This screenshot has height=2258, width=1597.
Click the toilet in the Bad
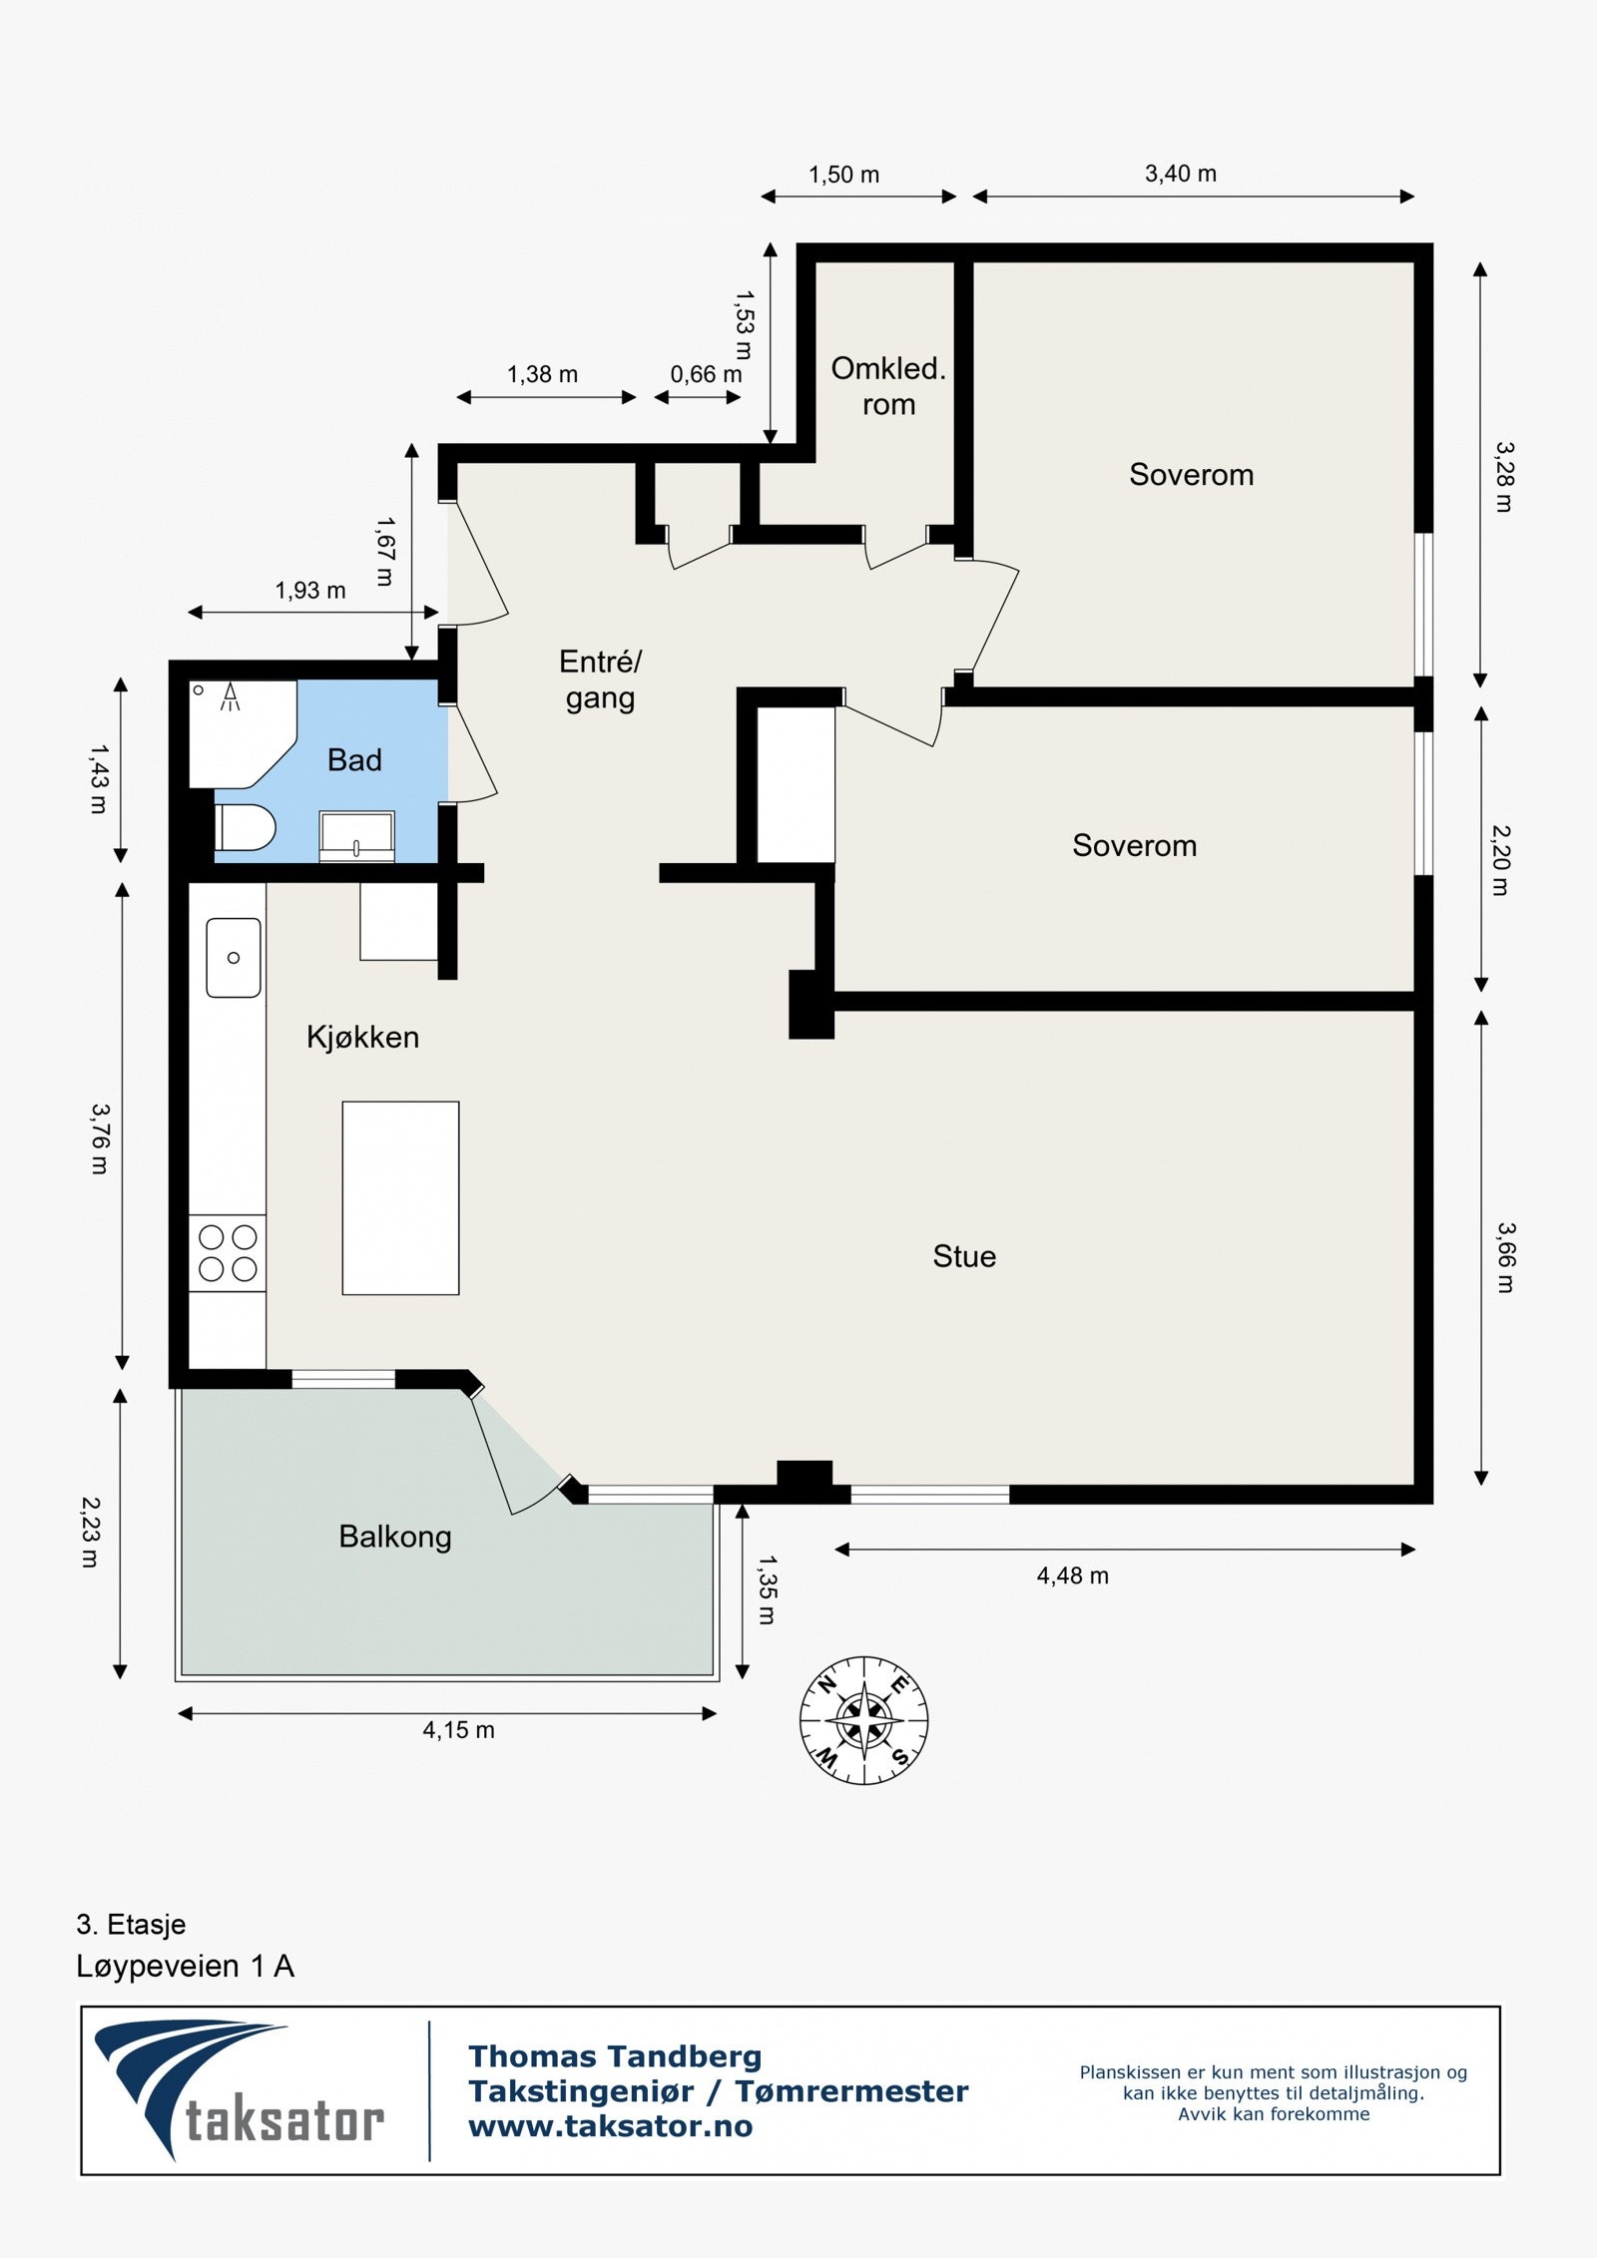[x=245, y=828]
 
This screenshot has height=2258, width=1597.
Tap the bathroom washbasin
[x=356, y=835]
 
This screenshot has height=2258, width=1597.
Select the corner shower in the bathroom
[x=243, y=733]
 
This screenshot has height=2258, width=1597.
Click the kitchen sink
[x=234, y=958]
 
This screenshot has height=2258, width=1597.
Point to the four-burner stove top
[x=228, y=1253]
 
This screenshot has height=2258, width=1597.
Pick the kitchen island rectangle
[x=400, y=1198]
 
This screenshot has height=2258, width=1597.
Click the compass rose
[x=864, y=1720]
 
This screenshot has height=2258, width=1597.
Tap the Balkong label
[x=395, y=1538]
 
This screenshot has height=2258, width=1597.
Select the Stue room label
[x=964, y=1256]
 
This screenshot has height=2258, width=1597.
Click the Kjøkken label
[x=362, y=1038]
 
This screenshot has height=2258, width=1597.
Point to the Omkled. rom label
[x=888, y=386]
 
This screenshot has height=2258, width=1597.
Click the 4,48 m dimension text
[x=1073, y=1576]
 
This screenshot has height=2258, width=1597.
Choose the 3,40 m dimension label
[x=1181, y=174]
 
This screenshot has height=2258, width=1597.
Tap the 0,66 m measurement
[x=706, y=374]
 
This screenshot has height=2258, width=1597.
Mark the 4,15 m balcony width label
[x=458, y=1730]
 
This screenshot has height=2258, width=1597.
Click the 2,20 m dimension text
[x=1500, y=860]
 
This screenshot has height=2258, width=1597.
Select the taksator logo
[x=240, y=2089]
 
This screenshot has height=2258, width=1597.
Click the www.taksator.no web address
[x=611, y=2126]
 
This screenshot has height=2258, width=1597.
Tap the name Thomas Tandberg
[x=615, y=2056]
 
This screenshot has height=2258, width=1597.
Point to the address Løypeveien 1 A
[x=186, y=1967]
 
